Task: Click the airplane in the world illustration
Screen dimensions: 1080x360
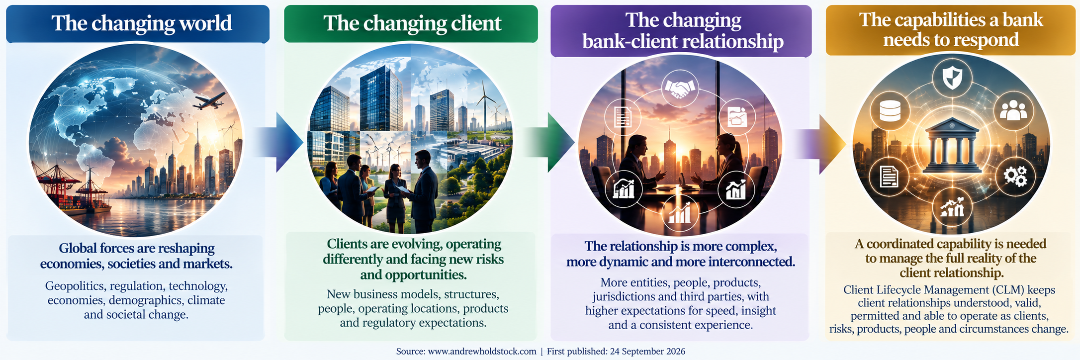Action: tap(208, 102)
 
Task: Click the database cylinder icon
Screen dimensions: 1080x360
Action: tap(890, 111)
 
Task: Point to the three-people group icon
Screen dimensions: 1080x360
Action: tap(1013, 111)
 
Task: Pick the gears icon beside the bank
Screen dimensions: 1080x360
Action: tap(1015, 176)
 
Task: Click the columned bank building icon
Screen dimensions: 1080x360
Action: tap(952, 145)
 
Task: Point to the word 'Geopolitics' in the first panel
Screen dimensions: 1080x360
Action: tap(75, 286)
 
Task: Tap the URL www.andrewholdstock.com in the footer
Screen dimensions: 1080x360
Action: tap(482, 352)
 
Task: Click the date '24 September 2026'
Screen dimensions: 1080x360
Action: tap(647, 352)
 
